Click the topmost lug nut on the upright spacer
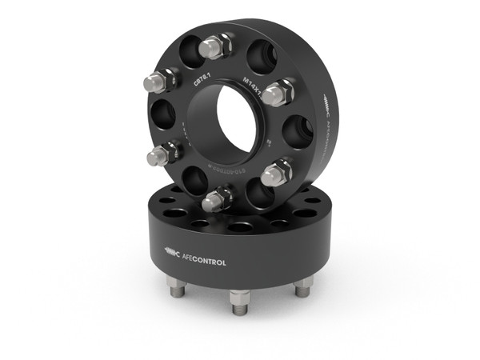(x=214, y=46)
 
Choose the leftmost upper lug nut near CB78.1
(x=158, y=80)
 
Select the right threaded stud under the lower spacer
(x=302, y=288)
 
